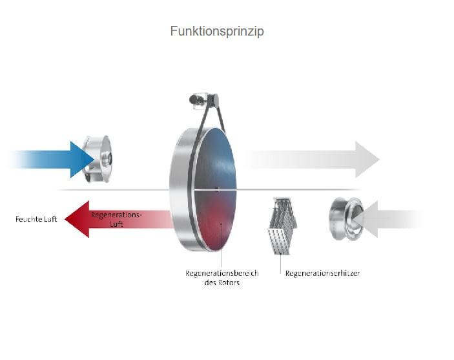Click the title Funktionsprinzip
point(217,31)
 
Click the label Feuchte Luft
point(36,219)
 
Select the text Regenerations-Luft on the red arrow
point(116,218)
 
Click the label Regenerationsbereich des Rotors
point(222,278)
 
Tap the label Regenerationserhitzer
point(322,273)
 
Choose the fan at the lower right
point(346,218)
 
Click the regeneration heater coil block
point(282,223)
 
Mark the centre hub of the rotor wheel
point(218,189)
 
